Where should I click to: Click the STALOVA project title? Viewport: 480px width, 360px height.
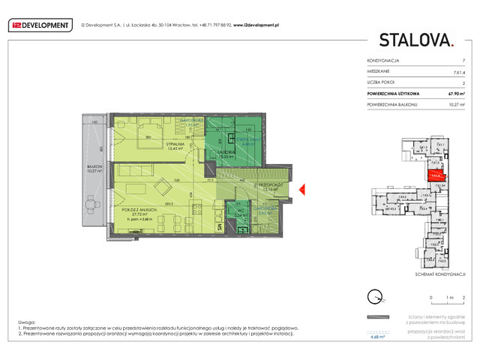click(x=415, y=40)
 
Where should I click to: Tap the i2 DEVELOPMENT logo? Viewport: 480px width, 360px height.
click(x=40, y=25)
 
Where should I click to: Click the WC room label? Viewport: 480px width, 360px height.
click(x=241, y=211)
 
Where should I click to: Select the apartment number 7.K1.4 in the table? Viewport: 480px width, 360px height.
click(x=457, y=71)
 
